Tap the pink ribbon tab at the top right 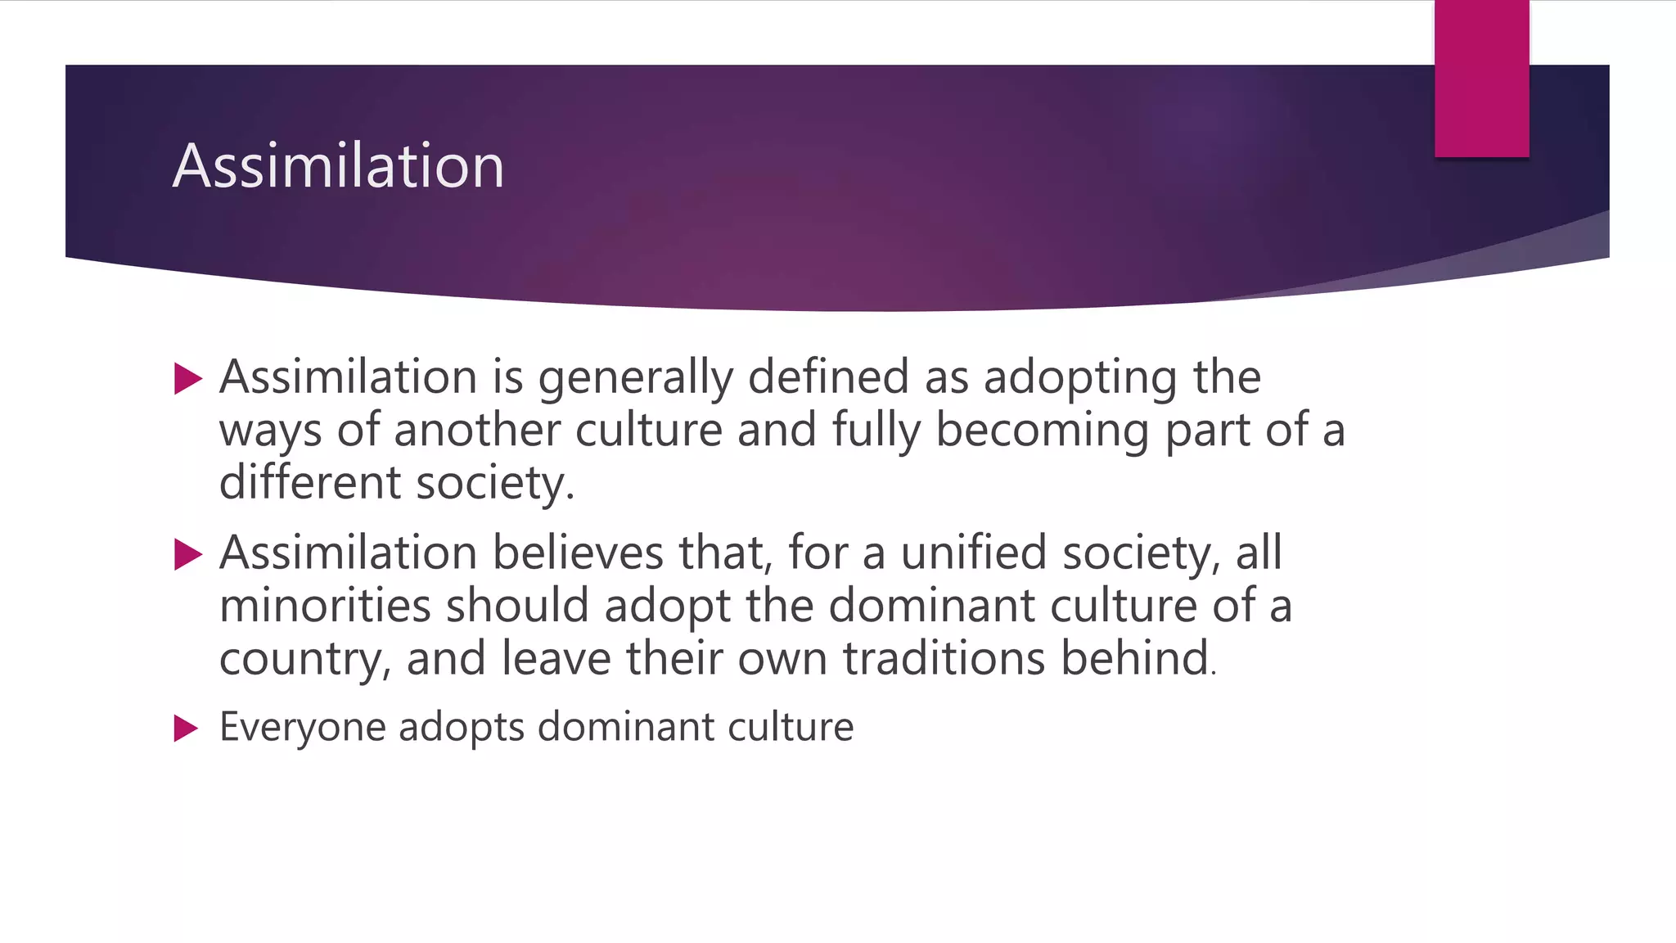click(x=1481, y=79)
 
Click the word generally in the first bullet click(x=635, y=378)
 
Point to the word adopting click(x=1080, y=378)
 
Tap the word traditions click(x=944, y=658)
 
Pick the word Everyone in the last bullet click(x=303, y=727)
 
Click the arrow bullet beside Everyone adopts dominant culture click(x=187, y=728)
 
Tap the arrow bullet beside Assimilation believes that click(x=188, y=555)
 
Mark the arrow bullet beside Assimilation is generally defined click(x=188, y=379)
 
